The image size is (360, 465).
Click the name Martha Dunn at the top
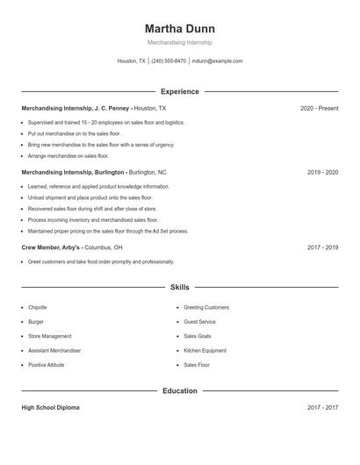point(179,28)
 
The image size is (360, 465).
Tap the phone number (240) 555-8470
point(169,61)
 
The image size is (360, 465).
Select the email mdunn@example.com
point(217,61)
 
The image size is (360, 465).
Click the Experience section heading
point(179,91)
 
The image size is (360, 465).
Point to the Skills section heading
point(179,287)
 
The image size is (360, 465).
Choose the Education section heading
point(179,390)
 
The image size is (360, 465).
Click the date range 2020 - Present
point(319,108)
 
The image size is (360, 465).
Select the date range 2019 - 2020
point(322,172)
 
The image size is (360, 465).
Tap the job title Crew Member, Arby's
point(56,247)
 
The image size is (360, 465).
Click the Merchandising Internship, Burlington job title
point(73,172)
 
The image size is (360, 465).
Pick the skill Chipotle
point(38,308)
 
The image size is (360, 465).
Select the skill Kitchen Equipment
point(205,350)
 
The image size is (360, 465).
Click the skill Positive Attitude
point(46,364)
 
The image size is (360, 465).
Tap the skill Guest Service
point(199,322)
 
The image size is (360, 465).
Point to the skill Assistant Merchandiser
point(54,350)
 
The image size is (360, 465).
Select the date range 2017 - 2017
point(322,408)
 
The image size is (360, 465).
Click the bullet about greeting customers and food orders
point(101,261)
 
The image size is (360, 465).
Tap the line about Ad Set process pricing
point(108,232)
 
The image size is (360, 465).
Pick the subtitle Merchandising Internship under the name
point(179,42)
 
